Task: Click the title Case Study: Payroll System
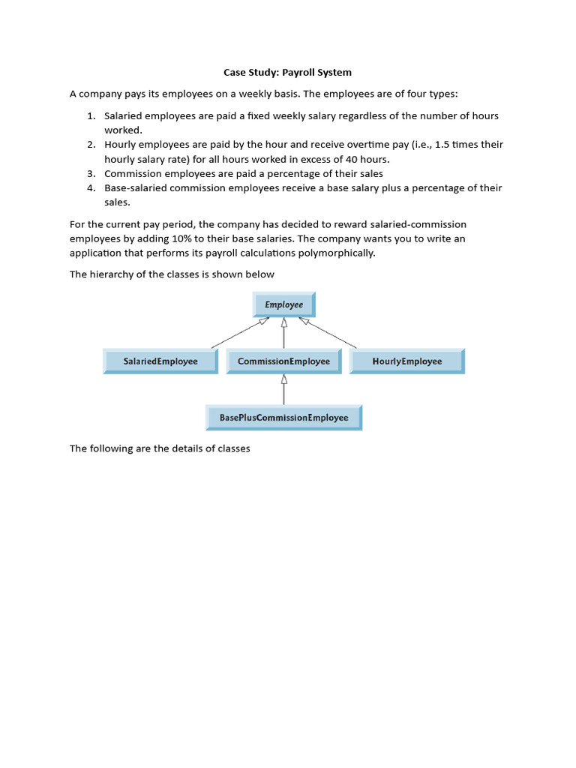pos(287,73)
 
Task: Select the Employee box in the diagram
pos(283,305)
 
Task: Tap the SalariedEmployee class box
pos(160,361)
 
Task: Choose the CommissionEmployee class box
pos(283,361)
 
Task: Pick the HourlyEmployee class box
pos(407,361)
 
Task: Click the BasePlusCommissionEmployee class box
pos(283,418)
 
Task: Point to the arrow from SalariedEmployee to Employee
pos(239,333)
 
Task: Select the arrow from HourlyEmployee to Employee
pos(328,333)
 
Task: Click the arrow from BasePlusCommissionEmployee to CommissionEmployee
pos(283,390)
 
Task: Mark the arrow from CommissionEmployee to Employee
pos(283,334)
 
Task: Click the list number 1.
pos(90,116)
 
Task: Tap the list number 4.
pos(90,188)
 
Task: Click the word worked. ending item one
pos(123,130)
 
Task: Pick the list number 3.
pos(90,174)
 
